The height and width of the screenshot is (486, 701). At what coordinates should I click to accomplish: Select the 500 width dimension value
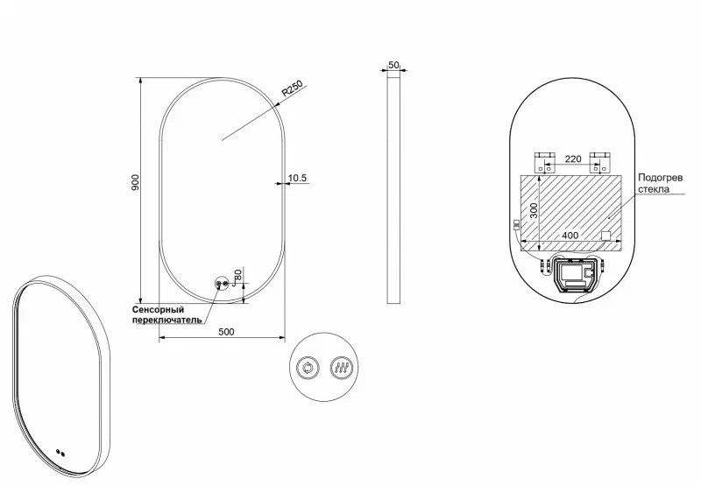[x=226, y=331]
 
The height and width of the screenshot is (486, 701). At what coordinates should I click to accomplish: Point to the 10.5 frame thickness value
[x=297, y=178]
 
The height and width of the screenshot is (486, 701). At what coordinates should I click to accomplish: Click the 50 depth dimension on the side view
[x=393, y=66]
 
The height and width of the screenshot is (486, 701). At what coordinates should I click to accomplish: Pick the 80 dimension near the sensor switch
[x=237, y=277]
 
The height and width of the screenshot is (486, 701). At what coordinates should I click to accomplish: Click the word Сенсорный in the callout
[x=158, y=310]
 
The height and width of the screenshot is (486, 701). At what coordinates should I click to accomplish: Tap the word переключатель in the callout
[x=167, y=320]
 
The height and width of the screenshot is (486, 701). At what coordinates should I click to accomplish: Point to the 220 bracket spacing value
[x=572, y=159]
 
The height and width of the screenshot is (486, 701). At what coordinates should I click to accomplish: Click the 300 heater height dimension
[x=532, y=211]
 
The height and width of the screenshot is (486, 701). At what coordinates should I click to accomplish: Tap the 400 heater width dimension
[x=570, y=236]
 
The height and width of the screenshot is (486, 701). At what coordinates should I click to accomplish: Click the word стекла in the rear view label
[x=654, y=188]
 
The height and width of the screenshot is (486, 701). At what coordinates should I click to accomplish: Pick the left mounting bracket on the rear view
[x=545, y=160]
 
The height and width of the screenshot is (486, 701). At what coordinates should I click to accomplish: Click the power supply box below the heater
[x=573, y=276]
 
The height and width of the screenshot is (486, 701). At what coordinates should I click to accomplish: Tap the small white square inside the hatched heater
[x=605, y=235]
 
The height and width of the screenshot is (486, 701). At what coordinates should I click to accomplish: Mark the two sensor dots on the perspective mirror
[x=60, y=453]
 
